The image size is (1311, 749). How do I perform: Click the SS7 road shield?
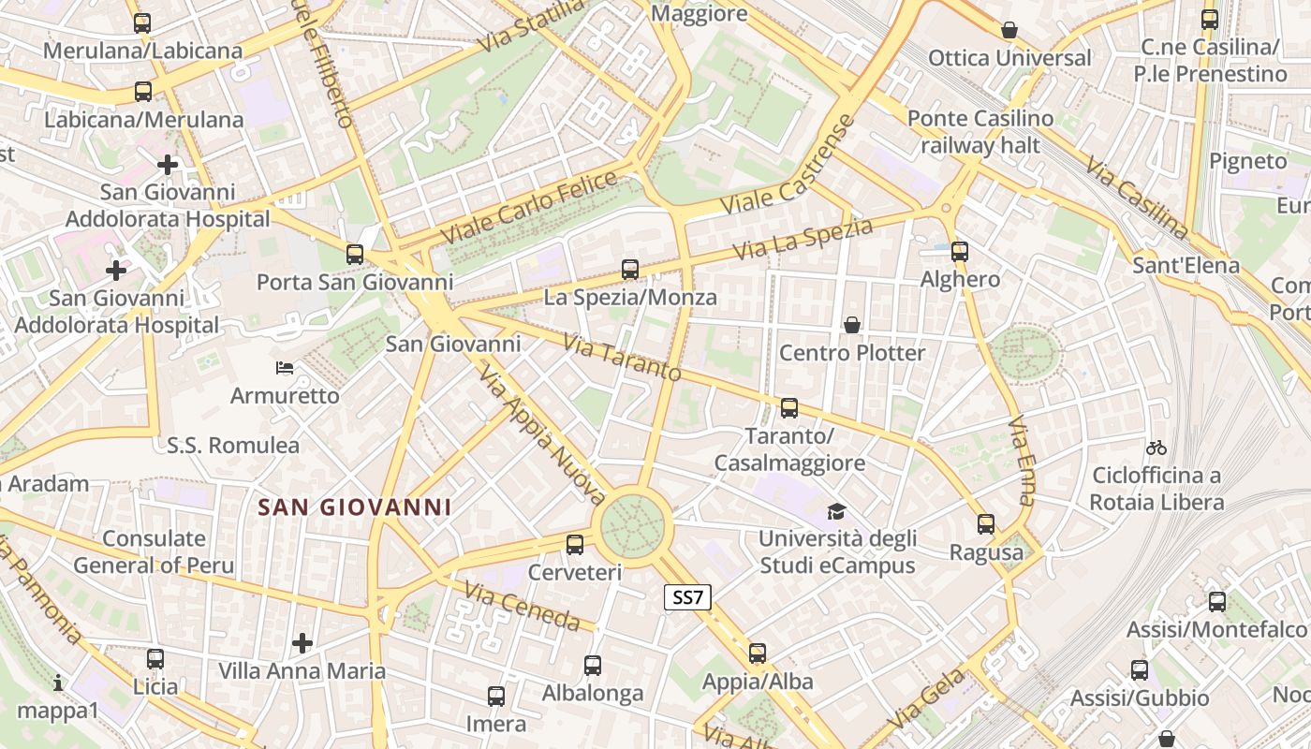[x=687, y=597]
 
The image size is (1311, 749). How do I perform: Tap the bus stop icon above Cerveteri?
[x=575, y=544]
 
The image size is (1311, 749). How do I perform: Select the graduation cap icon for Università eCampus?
[x=835, y=511]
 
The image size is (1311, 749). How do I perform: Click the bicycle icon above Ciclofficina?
[x=1156, y=448]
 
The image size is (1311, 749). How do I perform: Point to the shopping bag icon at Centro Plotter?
[x=852, y=325]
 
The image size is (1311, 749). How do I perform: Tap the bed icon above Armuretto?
[x=285, y=368]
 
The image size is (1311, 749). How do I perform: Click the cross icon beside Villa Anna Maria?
[x=302, y=643]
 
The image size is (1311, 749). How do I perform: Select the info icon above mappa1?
[x=58, y=683]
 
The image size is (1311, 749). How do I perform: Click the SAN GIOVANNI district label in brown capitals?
[x=355, y=507]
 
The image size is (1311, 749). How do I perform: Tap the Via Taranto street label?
[x=622, y=356]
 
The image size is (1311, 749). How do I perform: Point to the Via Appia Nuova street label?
[x=541, y=434]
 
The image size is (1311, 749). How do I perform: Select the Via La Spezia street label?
[x=803, y=239]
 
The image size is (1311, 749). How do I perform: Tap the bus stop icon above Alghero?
[x=959, y=251]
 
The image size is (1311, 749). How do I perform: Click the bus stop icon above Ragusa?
[x=986, y=524]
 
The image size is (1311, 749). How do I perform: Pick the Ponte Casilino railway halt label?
[x=980, y=132]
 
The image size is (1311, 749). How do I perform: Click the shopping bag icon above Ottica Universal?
[x=1009, y=30]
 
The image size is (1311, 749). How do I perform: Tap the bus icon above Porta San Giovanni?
[x=354, y=254]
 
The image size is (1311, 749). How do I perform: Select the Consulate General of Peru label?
[x=154, y=551]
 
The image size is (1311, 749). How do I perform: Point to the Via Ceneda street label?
[x=522, y=605]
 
